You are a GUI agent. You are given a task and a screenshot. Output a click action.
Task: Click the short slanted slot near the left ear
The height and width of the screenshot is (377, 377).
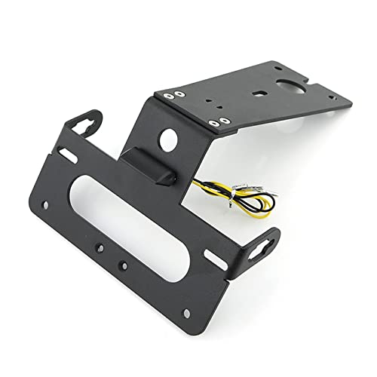point(66,155)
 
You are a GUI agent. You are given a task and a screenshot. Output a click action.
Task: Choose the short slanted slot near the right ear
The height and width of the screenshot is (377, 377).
point(216,257)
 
